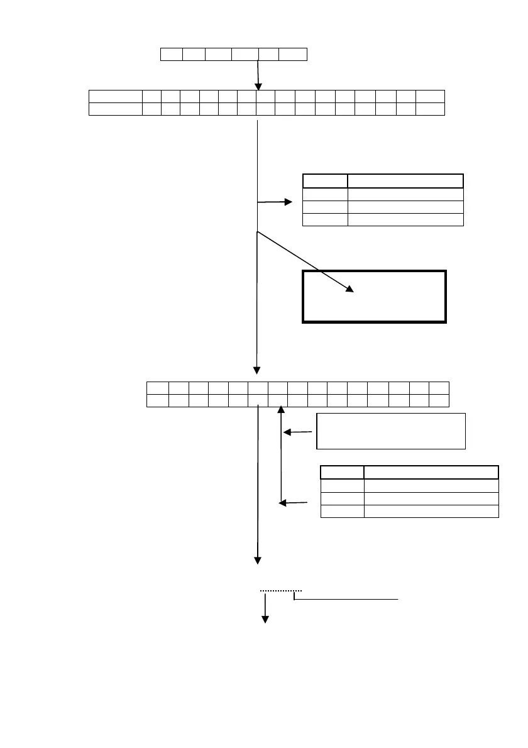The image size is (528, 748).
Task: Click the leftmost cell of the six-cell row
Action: (x=172, y=54)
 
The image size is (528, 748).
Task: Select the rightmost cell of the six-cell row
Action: (x=293, y=54)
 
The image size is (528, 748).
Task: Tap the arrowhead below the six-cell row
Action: (x=258, y=85)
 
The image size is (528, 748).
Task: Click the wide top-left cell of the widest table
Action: (x=116, y=96)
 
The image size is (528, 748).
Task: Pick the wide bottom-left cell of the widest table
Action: (x=116, y=109)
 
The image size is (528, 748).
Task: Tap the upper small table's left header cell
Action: (x=326, y=181)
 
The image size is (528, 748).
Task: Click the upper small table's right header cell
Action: (x=406, y=181)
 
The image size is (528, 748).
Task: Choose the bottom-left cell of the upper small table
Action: (x=326, y=219)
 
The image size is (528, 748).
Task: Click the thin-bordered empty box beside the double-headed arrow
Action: (x=391, y=431)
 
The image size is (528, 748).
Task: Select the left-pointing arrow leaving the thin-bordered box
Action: (x=298, y=432)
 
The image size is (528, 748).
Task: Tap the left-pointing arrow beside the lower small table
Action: (x=294, y=502)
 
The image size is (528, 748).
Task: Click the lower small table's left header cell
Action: (x=343, y=473)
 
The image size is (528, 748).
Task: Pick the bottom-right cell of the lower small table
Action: (x=432, y=510)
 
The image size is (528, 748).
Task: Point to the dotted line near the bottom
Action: (x=282, y=591)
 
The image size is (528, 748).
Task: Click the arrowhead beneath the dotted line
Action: (x=265, y=619)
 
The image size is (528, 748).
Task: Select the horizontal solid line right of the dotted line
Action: (x=347, y=600)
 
